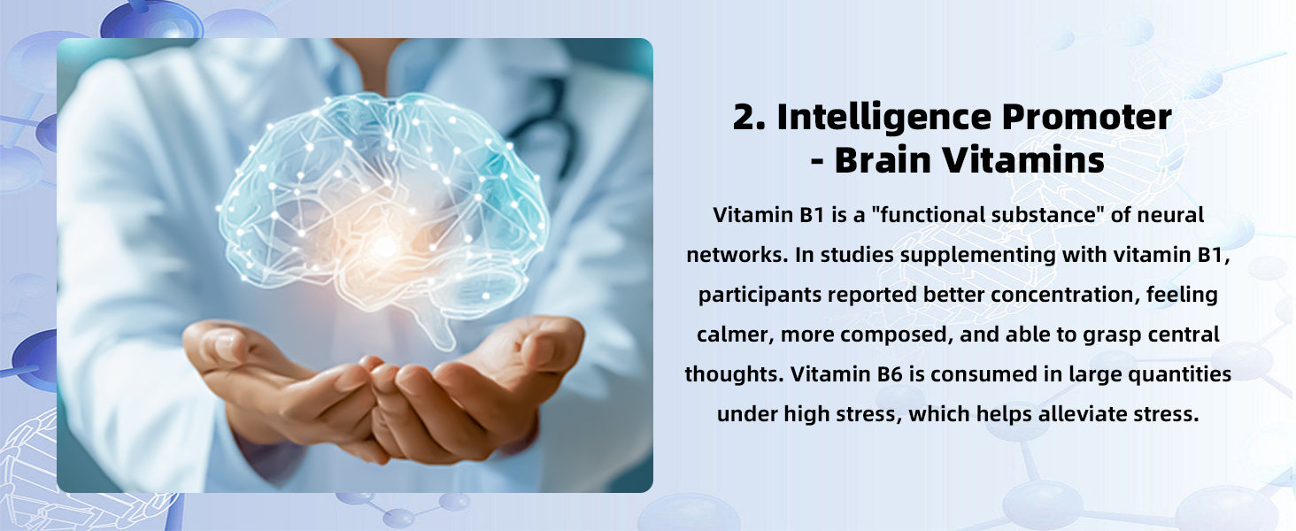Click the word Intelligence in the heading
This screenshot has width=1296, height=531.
pos(884,118)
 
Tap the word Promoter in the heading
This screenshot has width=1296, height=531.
pos(1086,117)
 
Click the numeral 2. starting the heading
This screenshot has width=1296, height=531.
pos(749,117)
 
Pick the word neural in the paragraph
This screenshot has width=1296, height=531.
pos(1170,214)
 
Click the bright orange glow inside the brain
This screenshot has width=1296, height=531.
pos(383,247)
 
